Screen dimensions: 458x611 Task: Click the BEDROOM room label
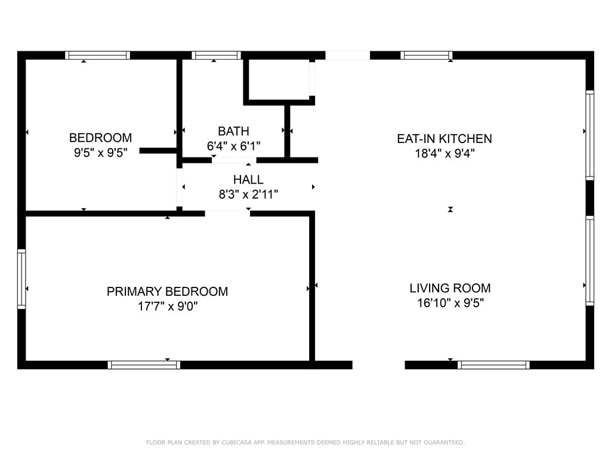click(x=100, y=138)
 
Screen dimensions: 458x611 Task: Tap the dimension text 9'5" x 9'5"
click(x=100, y=153)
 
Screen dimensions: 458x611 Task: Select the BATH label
click(x=233, y=131)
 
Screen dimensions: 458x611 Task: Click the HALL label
click(x=248, y=180)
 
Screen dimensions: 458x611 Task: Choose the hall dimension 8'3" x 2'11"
click(x=248, y=194)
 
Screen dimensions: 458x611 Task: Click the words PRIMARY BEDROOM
click(x=167, y=292)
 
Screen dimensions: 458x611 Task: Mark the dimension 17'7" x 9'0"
click(x=167, y=307)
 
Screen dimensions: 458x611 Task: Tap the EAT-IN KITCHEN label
click(x=445, y=139)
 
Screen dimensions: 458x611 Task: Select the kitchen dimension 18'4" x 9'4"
click(x=445, y=153)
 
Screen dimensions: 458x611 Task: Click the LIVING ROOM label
click(x=450, y=288)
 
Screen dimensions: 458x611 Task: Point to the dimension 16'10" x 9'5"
click(x=450, y=303)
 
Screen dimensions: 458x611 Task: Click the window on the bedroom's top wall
click(x=98, y=55)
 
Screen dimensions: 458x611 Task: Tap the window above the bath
click(x=217, y=55)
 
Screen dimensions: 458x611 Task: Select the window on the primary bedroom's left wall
click(x=21, y=278)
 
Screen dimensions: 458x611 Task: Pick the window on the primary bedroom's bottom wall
click(x=144, y=364)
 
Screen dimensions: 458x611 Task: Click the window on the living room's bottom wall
click(x=493, y=364)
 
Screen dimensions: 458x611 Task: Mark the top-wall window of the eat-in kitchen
click(x=426, y=55)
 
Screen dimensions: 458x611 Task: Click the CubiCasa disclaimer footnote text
click(x=305, y=442)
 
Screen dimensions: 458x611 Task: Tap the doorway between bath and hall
click(x=234, y=160)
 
